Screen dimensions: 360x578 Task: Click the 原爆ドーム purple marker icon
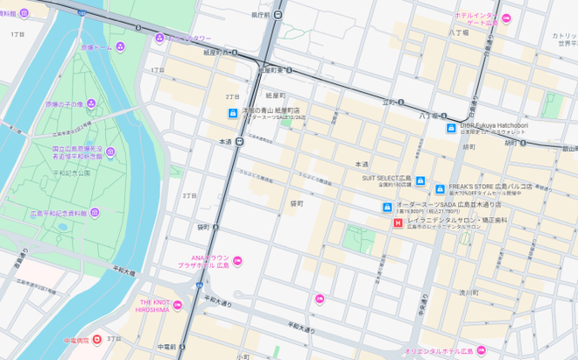click(x=120, y=46)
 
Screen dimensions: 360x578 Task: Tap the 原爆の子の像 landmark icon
click(x=91, y=104)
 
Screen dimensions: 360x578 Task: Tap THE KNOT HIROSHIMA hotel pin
click(x=178, y=305)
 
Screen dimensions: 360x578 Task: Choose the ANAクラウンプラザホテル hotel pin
click(x=236, y=260)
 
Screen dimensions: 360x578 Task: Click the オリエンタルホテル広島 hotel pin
click(x=481, y=350)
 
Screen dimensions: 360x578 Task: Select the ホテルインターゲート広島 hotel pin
click(x=505, y=18)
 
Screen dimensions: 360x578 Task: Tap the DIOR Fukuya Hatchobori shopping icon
click(x=450, y=128)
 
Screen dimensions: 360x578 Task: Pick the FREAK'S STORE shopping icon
click(x=440, y=189)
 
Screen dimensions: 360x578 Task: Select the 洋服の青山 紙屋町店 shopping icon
click(x=232, y=113)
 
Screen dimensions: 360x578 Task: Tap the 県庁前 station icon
click(x=278, y=15)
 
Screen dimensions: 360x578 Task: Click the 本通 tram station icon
click(x=238, y=141)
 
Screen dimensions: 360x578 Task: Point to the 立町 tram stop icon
click(x=400, y=102)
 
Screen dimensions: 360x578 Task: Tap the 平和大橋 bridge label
click(x=123, y=272)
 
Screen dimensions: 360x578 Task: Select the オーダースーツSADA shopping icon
click(x=386, y=207)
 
